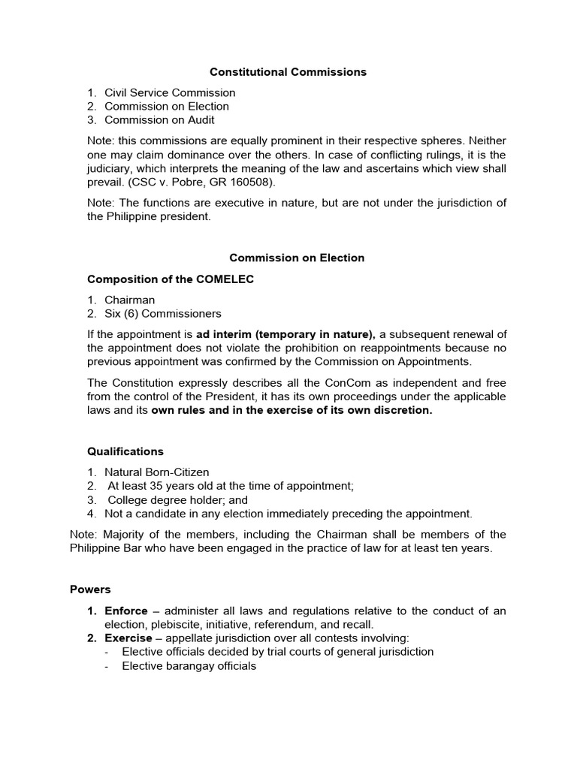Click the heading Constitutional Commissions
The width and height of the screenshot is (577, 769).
pyautogui.click(x=288, y=72)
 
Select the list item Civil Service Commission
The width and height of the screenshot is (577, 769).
pyautogui.click(x=170, y=92)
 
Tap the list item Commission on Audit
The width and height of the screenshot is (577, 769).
pyautogui.click(x=159, y=119)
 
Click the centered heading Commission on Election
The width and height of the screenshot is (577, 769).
pyautogui.click(x=297, y=258)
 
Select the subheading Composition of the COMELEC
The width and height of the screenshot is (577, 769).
pyautogui.click(x=171, y=279)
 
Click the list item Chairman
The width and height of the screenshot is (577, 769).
pyautogui.click(x=129, y=300)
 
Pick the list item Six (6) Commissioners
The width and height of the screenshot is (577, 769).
pyautogui.click(x=163, y=313)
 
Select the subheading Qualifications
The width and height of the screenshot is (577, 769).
pyautogui.click(x=125, y=451)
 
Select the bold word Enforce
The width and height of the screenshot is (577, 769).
pyautogui.click(x=126, y=611)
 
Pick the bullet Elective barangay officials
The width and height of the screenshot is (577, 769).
pyautogui.click(x=189, y=665)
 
